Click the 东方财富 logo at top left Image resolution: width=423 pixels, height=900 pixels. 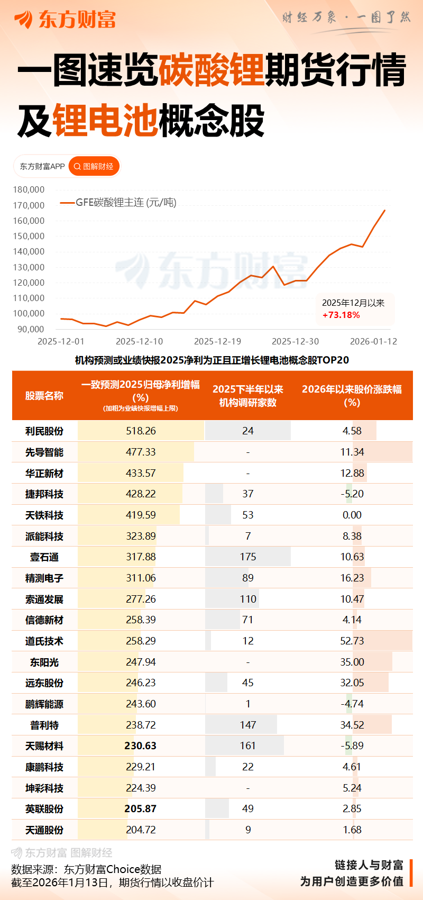tap(65, 20)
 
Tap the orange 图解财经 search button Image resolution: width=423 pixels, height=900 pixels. tap(94, 166)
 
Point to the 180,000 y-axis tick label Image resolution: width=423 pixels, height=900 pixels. tap(29, 189)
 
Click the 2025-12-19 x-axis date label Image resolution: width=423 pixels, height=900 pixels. tap(218, 341)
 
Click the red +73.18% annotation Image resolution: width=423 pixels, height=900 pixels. tap(341, 315)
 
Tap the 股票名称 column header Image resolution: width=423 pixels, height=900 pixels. tap(44, 395)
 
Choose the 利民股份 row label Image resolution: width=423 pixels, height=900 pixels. tap(44, 431)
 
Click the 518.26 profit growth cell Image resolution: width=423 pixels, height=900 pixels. tap(141, 431)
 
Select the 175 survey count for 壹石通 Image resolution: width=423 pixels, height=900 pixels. tap(247, 557)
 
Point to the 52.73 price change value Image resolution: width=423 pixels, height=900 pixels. tap(352, 641)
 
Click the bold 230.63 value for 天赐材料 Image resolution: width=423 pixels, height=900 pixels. tap(141, 746)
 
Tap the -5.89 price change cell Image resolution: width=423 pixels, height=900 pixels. tap(352, 746)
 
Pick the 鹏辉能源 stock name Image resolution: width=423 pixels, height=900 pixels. tap(44, 704)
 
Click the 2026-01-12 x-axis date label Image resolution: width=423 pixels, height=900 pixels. tap(373, 341)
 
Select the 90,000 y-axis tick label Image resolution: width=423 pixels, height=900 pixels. tap(31, 329)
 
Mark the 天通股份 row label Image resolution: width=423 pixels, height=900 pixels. tap(44, 830)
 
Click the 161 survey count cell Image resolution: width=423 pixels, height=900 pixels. tap(247, 746)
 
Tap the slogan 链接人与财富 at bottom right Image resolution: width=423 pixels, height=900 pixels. tap(369, 865)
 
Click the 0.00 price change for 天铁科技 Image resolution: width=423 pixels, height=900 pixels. tap(352, 515)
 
